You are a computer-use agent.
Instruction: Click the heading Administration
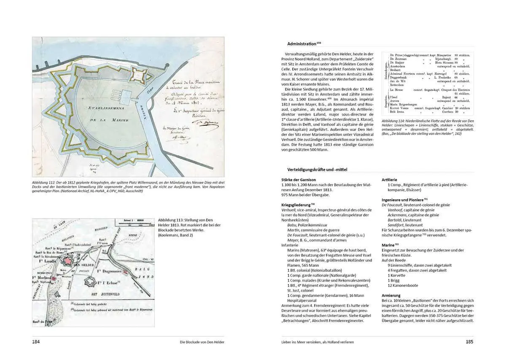[301, 43]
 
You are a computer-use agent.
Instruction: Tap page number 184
[36, 341]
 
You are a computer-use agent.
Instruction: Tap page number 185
[469, 341]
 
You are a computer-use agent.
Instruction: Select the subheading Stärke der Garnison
[298, 180]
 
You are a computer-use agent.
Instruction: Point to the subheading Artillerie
[389, 180]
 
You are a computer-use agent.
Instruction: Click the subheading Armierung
[391, 296]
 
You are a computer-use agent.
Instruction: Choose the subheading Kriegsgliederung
[298, 205]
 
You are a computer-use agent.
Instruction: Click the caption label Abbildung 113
[172, 220]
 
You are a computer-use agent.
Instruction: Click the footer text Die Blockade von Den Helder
[202, 342]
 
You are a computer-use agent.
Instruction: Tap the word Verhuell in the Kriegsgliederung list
[291, 210]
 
